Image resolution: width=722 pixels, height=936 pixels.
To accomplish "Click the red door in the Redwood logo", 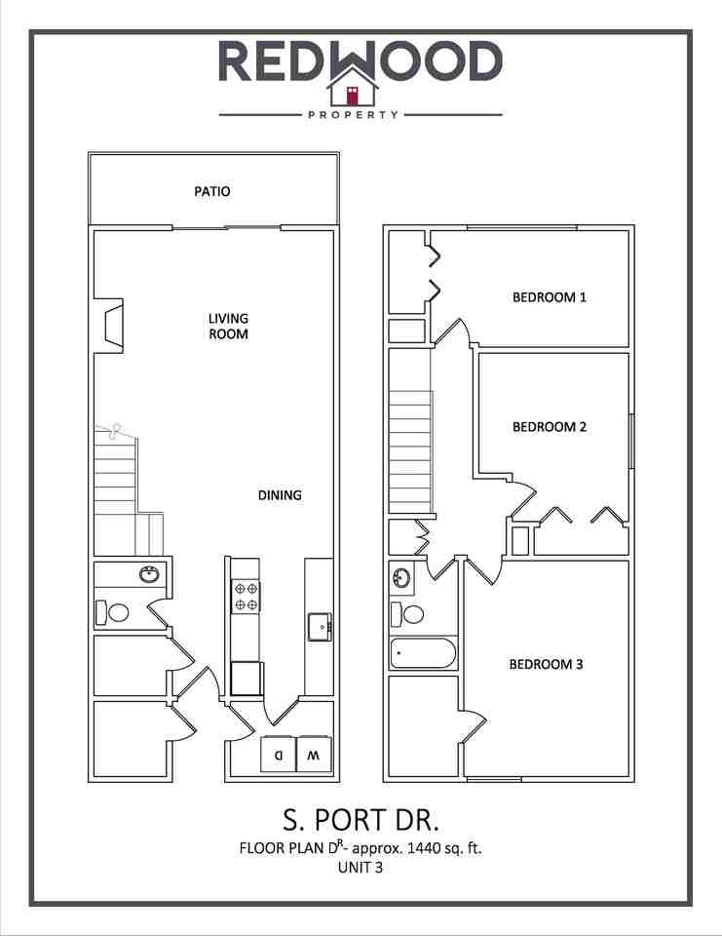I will pyautogui.click(x=353, y=96).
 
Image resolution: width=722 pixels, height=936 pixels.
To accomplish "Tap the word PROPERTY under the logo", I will pyautogui.click(x=353, y=114).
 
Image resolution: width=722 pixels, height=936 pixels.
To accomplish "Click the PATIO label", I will pyautogui.click(x=212, y=191).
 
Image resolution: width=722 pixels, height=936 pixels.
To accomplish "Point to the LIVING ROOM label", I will pyautogui.click(x=228, y=326).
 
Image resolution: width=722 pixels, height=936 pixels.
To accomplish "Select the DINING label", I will pyautogui.click(x=280, y=494).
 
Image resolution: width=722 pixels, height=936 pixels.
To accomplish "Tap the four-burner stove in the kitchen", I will pyautogui.click(x=246, y=596).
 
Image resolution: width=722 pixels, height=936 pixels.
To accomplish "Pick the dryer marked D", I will pyautogui.click(x=278, y=754).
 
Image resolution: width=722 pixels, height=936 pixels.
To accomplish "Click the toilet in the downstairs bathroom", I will pyautogui.click(x=116, y=612).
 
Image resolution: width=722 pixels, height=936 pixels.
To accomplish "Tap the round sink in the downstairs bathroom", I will pyautogui.click(x=149, y=574).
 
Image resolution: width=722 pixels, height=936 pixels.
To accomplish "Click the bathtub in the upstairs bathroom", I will pyautogui.click(x=423, y=652).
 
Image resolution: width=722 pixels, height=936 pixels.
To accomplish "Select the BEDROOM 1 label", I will pyautogui.click(x=549, y=296).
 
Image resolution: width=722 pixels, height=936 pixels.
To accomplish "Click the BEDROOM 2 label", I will pyautogui.click(x=549, y=426).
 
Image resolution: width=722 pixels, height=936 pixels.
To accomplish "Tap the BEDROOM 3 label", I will pyautogui.click(x=546, y=665).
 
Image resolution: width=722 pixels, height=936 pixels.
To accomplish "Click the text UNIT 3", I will pyautogui.click(x=361, y=867).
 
